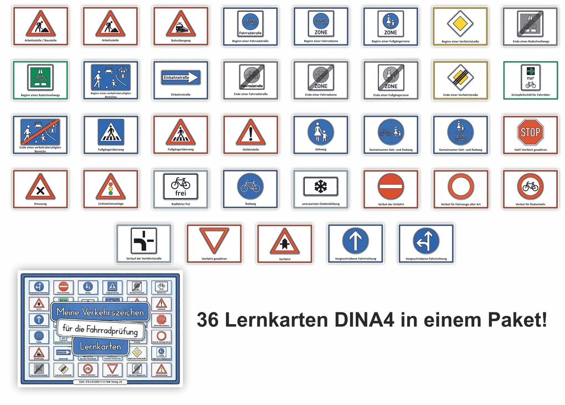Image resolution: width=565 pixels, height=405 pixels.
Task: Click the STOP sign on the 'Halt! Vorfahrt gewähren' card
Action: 530,132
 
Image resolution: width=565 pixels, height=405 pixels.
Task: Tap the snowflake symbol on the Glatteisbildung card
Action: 321,186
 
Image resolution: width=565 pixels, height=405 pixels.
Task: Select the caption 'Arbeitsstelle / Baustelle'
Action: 40,40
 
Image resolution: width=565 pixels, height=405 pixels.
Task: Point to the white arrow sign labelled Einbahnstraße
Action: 181,78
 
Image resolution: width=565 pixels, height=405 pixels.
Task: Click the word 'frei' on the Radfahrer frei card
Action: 181,193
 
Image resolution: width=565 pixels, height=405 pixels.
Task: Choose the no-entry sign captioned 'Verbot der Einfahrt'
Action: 391,186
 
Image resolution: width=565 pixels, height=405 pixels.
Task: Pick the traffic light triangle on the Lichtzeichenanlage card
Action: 110,188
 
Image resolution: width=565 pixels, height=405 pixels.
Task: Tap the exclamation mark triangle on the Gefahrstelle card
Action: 250,133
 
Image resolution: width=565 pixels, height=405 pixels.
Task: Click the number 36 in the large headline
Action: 209,320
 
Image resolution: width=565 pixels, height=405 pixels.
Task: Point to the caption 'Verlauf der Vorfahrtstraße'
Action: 143,258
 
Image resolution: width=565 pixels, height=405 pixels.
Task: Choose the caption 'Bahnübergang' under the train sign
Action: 181,40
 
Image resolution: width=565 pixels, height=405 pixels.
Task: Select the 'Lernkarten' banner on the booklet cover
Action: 100,346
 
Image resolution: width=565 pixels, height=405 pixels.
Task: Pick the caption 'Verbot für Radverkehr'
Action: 530,204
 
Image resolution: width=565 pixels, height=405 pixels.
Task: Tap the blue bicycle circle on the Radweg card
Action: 250,186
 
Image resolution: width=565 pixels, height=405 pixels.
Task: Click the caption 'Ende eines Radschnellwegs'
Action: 530,41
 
